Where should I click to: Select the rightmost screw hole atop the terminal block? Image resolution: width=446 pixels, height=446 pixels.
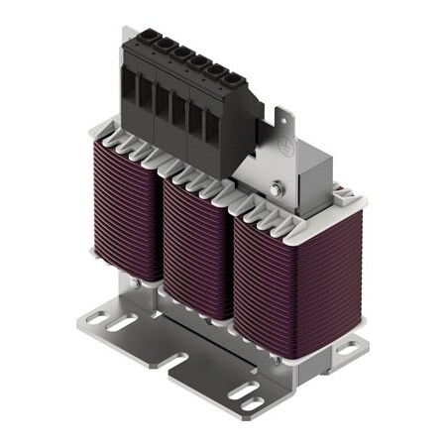pyautogui.click(x=234, y=75)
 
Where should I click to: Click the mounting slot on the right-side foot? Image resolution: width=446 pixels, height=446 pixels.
pyautogui.click(x=348, y=348)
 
